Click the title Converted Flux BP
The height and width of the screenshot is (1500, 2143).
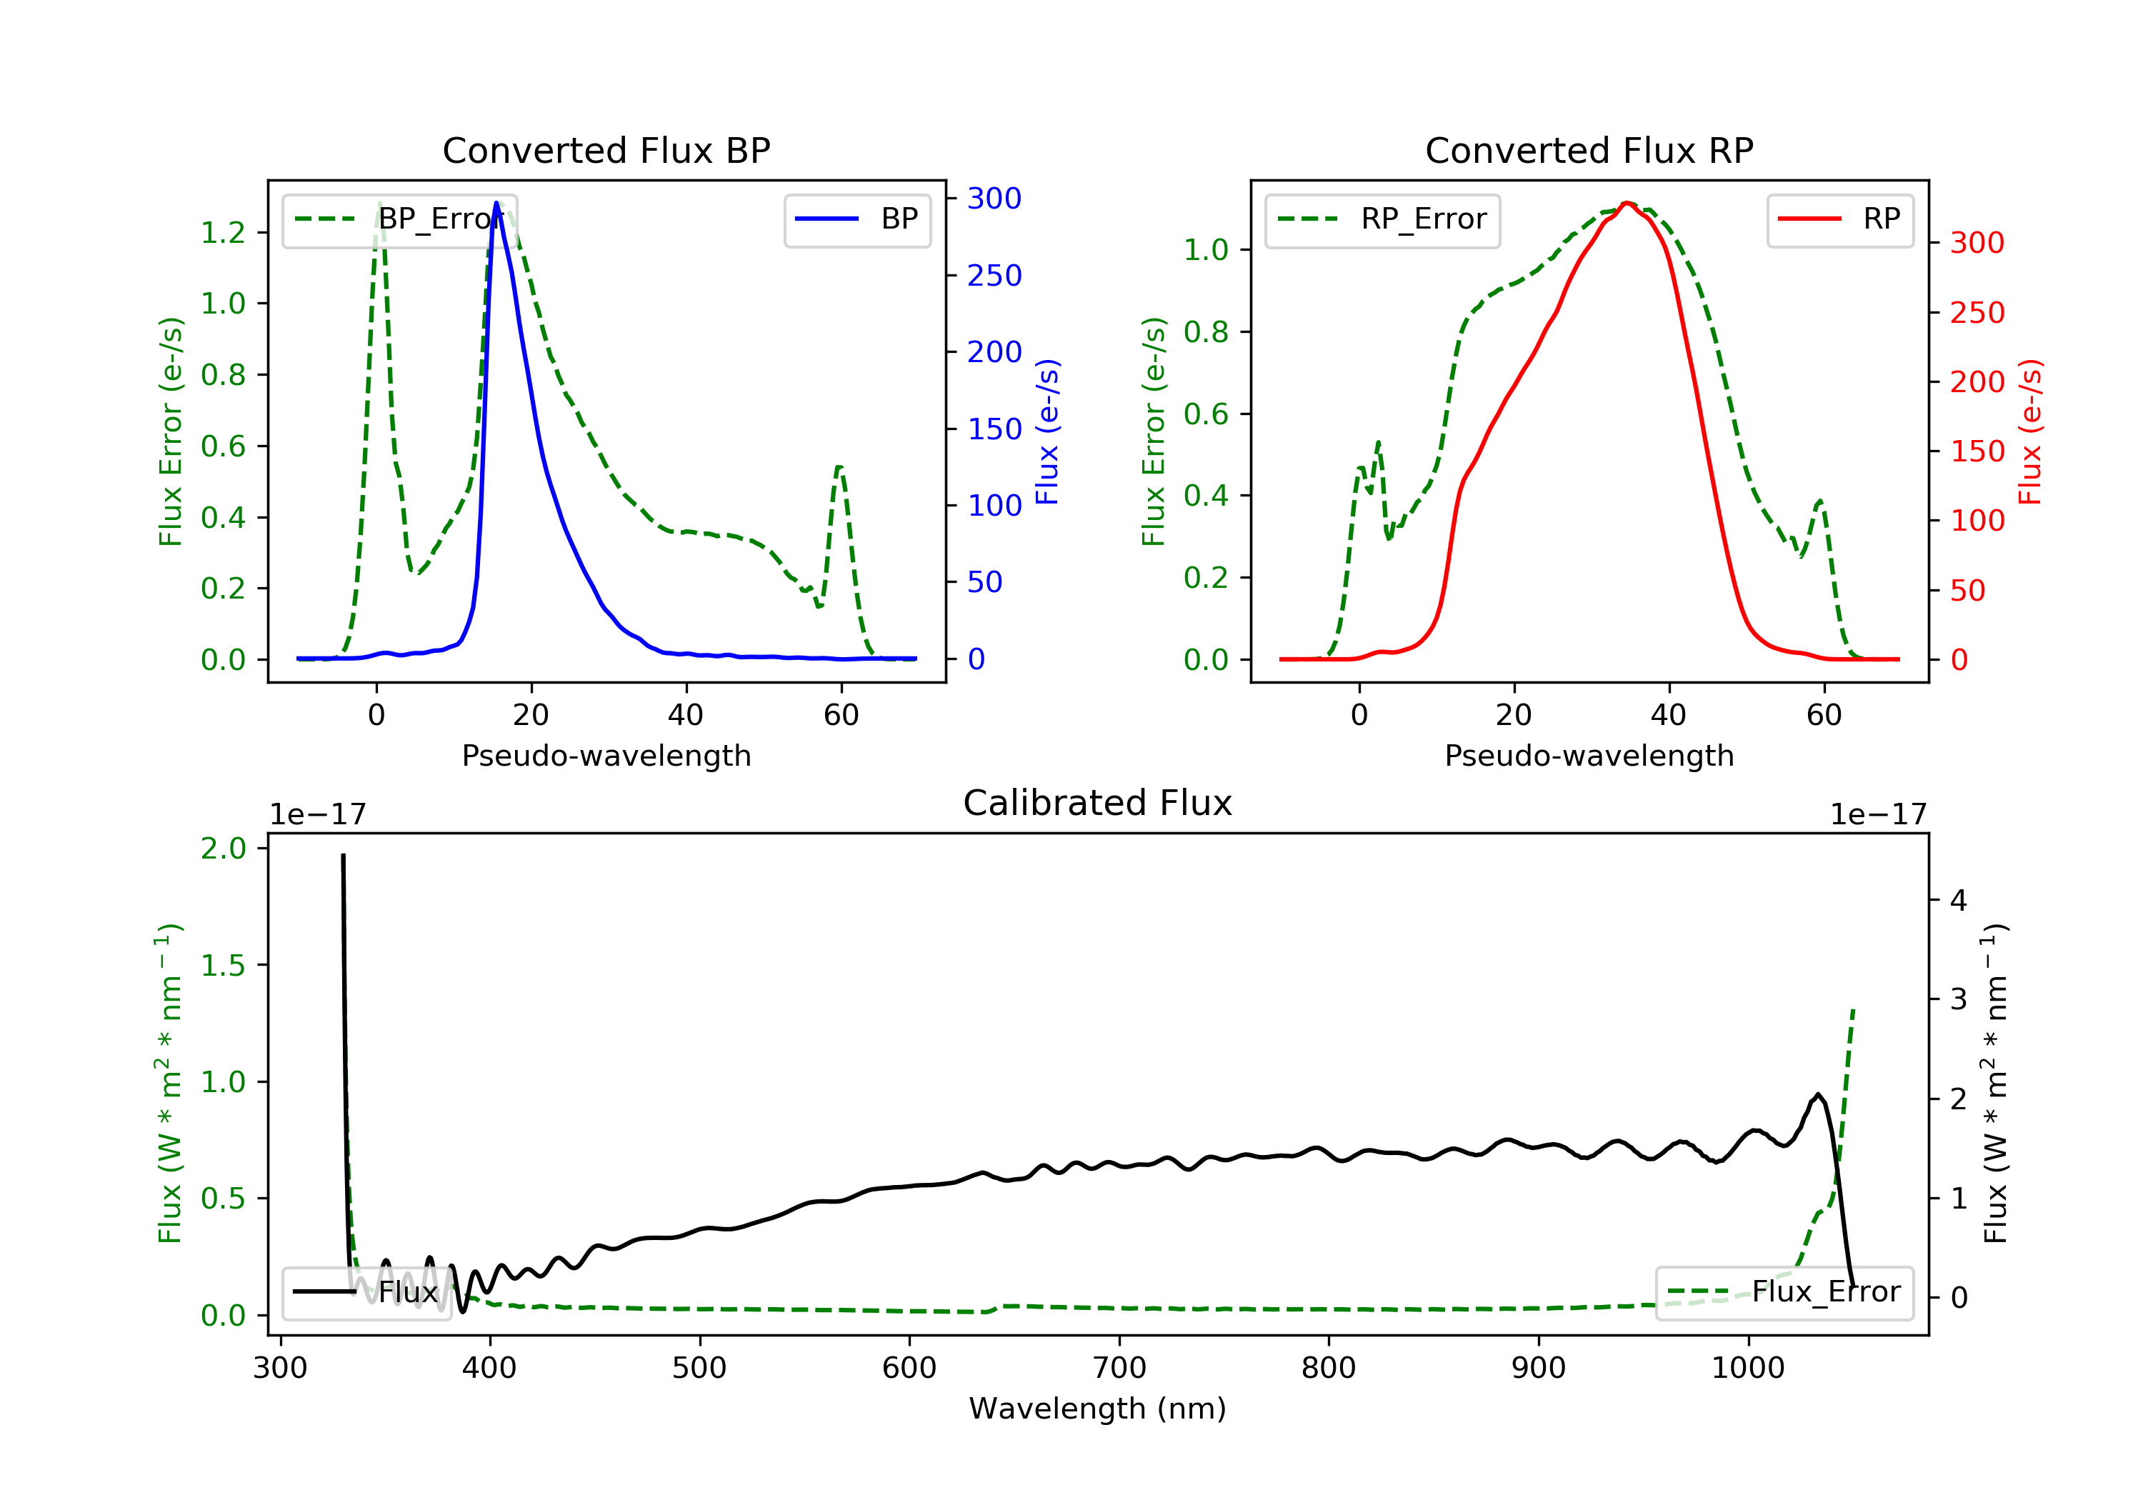(606, 150)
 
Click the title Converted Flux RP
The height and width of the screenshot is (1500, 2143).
(1589, 150)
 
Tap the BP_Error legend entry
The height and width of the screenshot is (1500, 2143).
(399, 219)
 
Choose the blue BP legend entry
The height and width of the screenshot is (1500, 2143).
(856, 219)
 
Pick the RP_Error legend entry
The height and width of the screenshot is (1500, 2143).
(1382, 219)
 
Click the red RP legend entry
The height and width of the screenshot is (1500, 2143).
(1839, 219)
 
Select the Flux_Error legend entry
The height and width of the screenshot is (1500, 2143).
(1784, 1292)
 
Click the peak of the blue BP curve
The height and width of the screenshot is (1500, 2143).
(496, 203)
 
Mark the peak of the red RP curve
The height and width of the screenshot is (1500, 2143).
(1626, 204)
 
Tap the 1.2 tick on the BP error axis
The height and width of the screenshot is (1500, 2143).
(223, 232)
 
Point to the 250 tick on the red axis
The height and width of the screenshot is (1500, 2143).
(1977, 313)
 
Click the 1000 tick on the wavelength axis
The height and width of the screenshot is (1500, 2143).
(1747, 1369)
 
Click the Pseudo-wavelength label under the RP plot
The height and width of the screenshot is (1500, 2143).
(1589, 755)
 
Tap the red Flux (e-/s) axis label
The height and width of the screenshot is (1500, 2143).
(2030, 431)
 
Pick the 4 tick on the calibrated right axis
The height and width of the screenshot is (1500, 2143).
(1958, 901)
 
